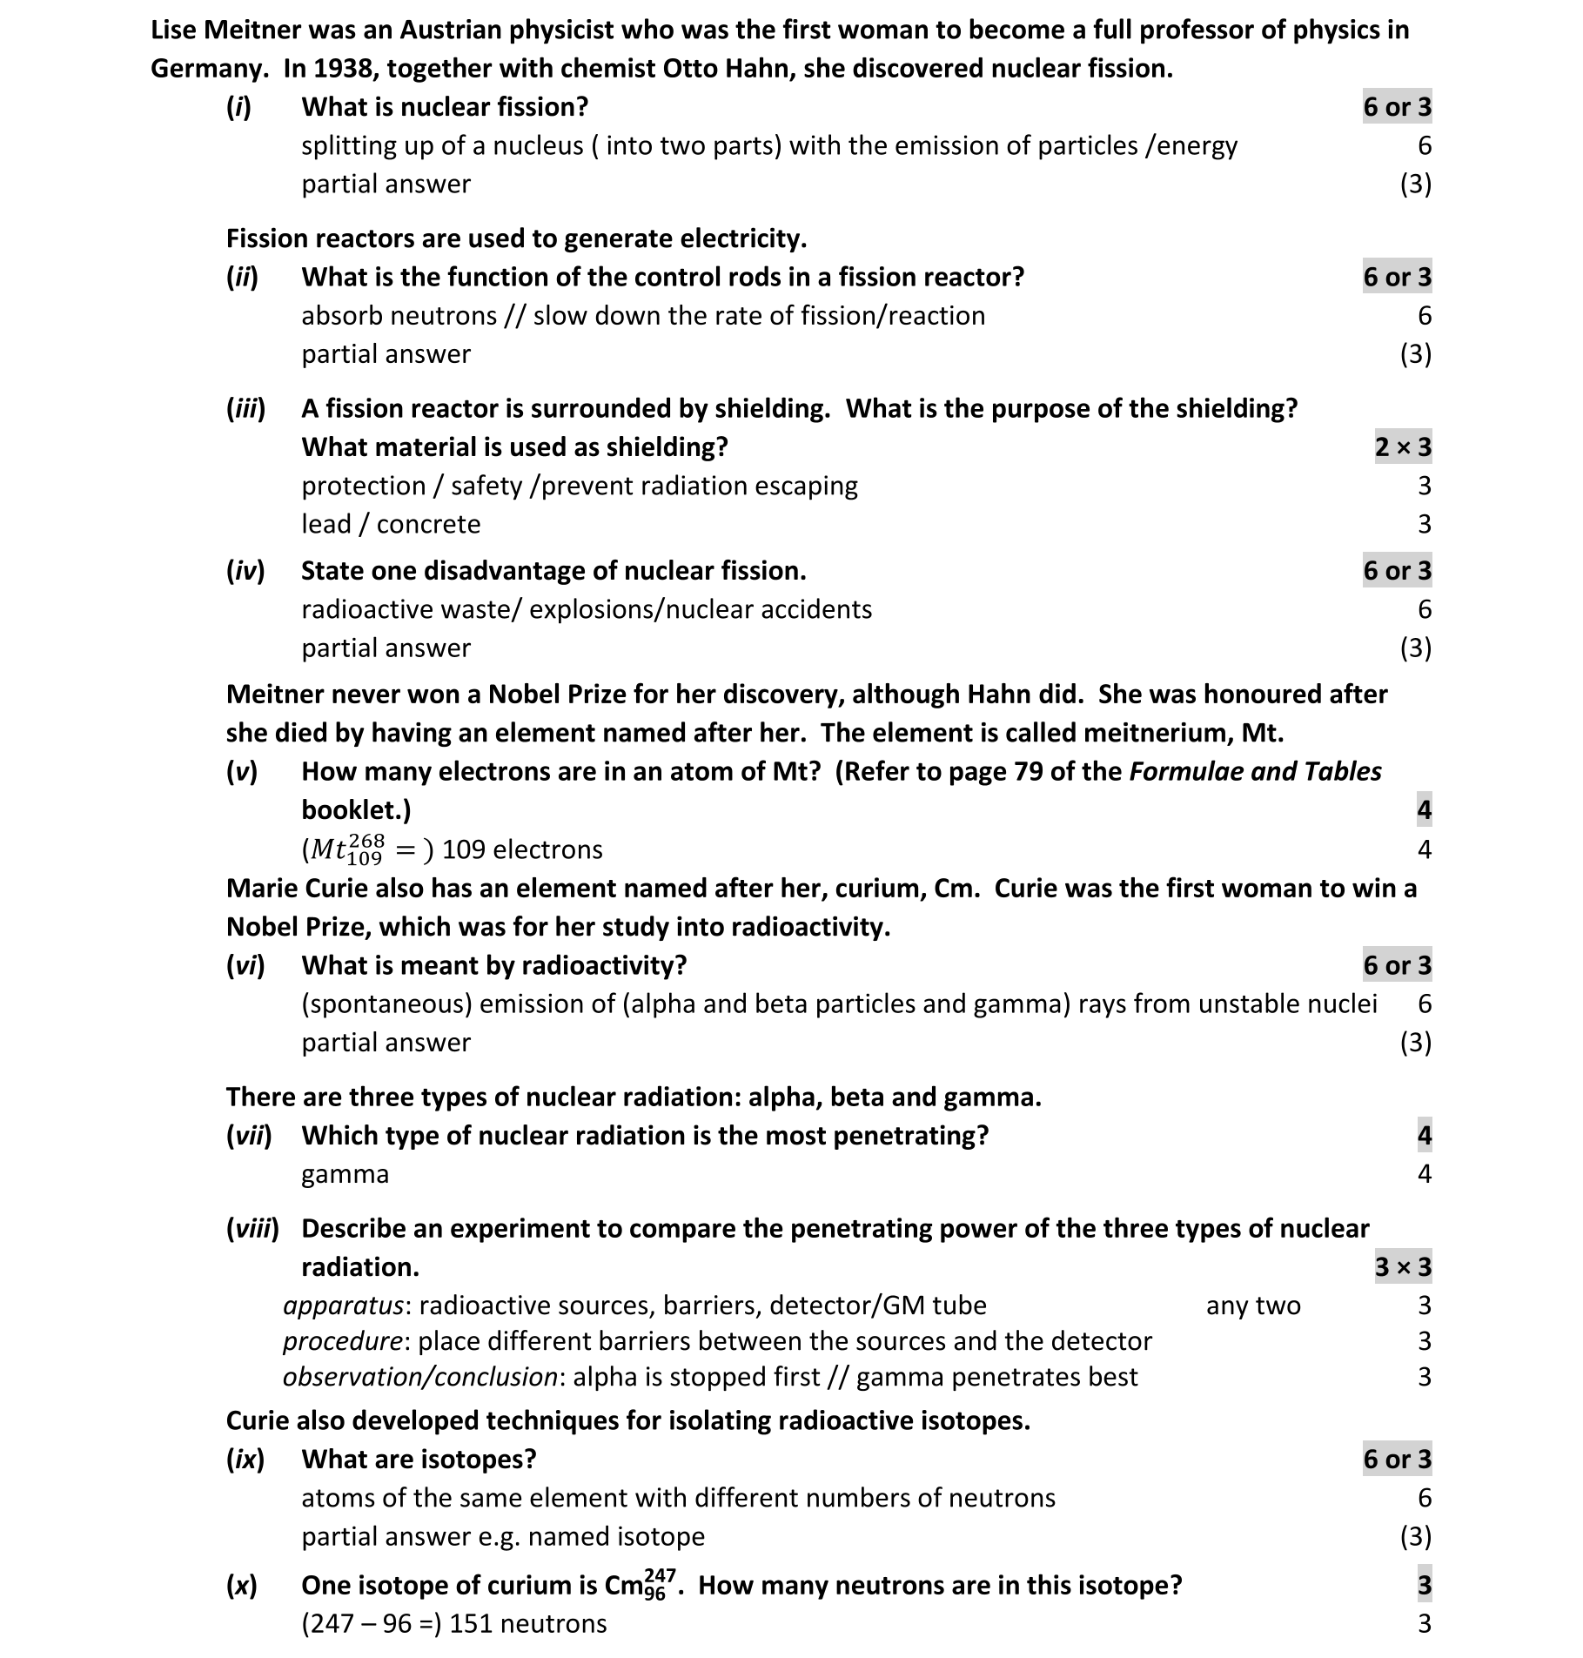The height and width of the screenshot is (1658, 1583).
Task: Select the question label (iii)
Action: pos(245,408)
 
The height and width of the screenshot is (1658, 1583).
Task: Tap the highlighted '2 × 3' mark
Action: pos(1402,447)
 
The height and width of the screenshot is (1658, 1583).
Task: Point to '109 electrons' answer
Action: pos(522,849)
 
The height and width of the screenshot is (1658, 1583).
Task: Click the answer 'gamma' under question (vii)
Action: pos(345,1174)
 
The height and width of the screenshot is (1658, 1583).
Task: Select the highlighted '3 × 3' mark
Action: pos(1402,1267)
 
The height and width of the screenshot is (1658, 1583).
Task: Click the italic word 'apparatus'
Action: pos(343,1306)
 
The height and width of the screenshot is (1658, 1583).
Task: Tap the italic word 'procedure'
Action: pos(342,1341)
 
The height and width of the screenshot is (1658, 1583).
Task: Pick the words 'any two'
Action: pos(1253,1306)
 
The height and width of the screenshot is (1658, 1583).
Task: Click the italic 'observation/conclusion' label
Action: pos(419,1377)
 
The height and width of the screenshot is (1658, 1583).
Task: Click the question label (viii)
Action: pos(252,1229)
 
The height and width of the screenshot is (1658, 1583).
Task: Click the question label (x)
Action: pos(242,1586)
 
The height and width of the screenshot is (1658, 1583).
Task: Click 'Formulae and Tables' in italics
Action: pos(1255,772)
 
